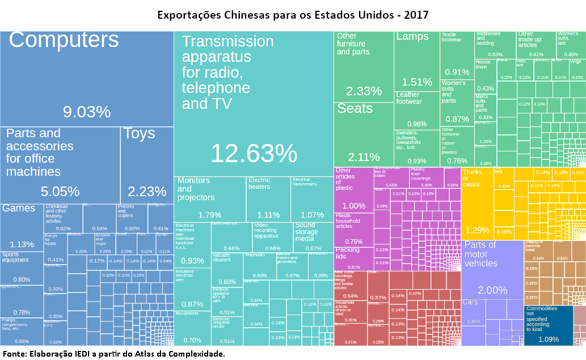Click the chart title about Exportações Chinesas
(x=293, y=13)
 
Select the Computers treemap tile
(x=86, y=79)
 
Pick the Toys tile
(x=146, y=164)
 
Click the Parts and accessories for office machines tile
(x=60, y=164)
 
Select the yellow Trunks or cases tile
(x=477, y=204)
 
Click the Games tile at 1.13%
(x=22, y=227)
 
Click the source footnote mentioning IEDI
(x=113, y=354)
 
